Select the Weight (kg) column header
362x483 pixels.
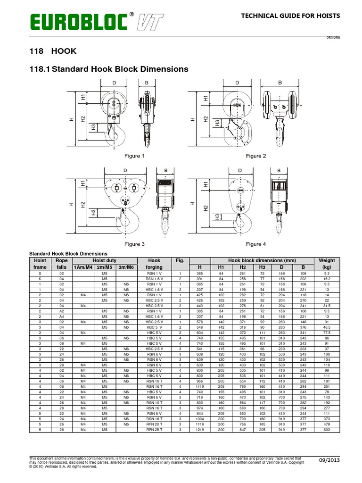(x=327, y=264)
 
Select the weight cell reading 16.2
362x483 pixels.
(x=327, y=279)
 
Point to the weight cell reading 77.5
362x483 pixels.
(x=327, y=319)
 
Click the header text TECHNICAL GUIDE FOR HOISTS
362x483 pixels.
(x=290, y=16)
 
